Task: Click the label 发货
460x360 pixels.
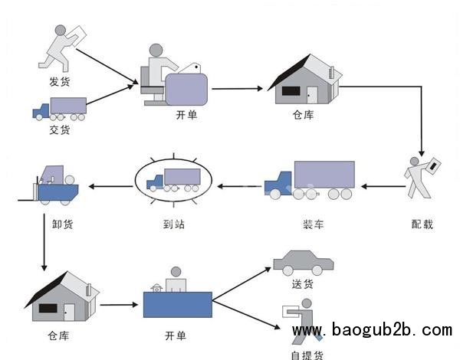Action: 59,80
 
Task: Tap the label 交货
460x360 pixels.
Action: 59,130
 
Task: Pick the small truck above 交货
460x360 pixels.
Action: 59,109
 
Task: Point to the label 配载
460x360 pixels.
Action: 422,224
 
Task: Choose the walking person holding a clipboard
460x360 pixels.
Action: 422,177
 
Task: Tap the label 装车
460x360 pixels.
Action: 313,225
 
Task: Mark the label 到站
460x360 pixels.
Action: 174,225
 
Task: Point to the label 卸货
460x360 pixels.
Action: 52,225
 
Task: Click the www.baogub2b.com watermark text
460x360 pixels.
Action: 373,331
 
